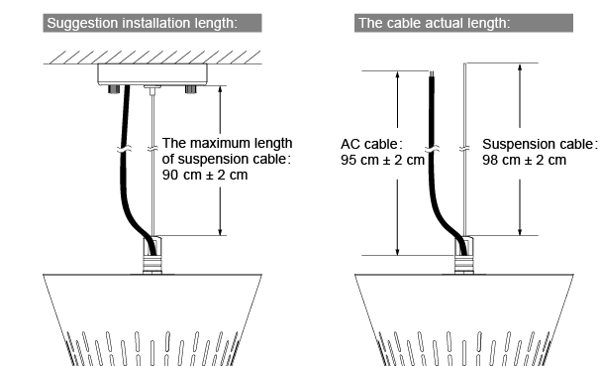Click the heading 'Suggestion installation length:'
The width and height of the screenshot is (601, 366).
point(143,23)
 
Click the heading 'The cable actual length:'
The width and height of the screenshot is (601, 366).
point(435,23)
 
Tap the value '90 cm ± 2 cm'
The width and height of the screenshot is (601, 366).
point(205,175)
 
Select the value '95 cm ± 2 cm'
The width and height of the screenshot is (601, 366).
point(382,160)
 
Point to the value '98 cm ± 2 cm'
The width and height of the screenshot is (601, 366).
point(524,160)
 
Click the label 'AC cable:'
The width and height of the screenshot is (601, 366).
point(371,144)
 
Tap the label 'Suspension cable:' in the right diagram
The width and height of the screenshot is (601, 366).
point(540,144)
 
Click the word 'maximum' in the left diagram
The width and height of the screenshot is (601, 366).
point(217,143)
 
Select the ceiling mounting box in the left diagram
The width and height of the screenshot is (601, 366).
point(152,74)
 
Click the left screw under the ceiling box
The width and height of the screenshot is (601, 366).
point(114,89)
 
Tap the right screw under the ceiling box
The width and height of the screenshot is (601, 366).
point(191,89)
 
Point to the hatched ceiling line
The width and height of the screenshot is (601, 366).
point(152,58)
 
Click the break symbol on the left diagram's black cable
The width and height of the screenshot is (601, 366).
point(124,149)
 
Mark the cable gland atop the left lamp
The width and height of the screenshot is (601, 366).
point(152,255)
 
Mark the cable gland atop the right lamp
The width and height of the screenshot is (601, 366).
point(463,255)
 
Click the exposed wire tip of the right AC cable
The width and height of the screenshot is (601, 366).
point(432,73)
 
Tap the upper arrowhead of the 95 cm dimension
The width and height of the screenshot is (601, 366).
point(397,74)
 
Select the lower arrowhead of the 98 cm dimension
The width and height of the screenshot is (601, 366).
point(520,231)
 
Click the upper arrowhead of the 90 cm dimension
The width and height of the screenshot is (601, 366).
point(220,89)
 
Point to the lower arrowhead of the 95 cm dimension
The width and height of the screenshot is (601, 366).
point(397,251)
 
